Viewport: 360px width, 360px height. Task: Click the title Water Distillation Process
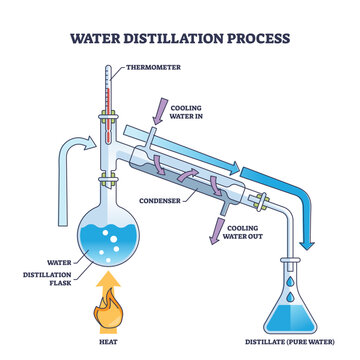point(180,38)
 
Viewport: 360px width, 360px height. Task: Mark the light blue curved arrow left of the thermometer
point(54,160)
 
